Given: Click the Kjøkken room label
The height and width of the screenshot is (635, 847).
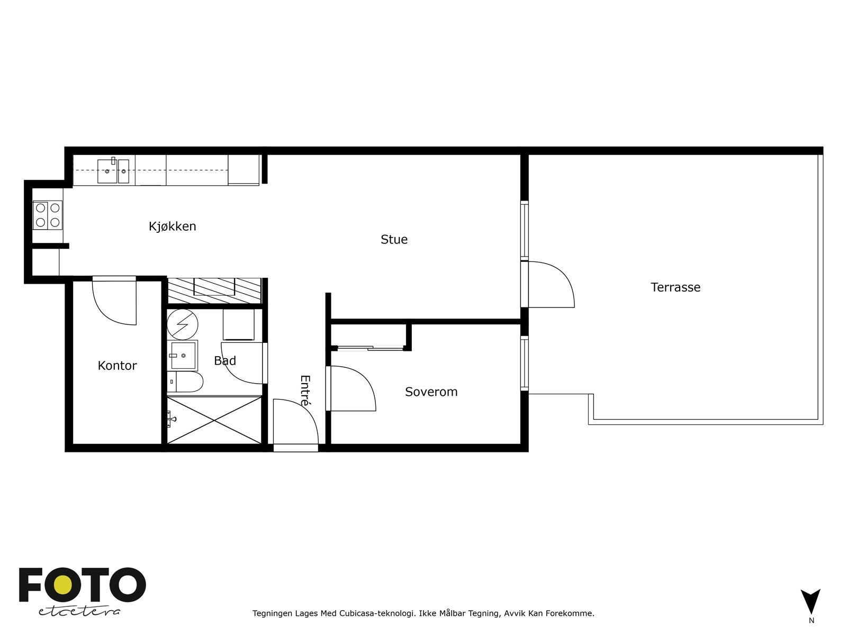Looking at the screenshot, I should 172,226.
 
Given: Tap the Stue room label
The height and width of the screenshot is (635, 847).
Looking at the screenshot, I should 394,240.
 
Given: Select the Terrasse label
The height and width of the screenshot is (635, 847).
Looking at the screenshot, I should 675,287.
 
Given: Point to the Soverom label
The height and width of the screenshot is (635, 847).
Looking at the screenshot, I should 431,392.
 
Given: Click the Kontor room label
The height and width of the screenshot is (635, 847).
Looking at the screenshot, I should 117,366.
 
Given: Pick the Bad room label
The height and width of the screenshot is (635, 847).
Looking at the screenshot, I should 224,361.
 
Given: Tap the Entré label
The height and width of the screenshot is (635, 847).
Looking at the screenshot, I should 305,391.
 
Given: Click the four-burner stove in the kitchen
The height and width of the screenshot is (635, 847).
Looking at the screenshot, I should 48,215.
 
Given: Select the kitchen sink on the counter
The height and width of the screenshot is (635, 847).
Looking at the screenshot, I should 113,170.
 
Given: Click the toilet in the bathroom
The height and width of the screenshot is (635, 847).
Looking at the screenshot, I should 185,382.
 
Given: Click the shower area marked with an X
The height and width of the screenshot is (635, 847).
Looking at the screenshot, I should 214,420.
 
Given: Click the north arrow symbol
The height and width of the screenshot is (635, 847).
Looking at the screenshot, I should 810,601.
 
